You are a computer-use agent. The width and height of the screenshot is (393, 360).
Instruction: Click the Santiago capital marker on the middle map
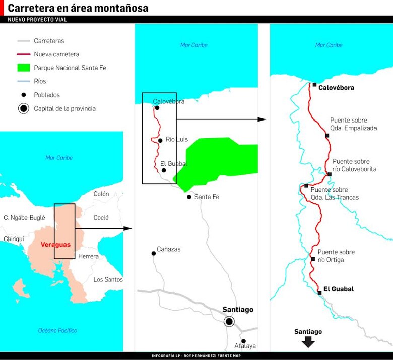(229, 321)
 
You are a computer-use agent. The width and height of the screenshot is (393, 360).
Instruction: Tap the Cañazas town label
(168, 249)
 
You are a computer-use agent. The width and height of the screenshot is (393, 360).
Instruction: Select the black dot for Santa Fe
(189, 197)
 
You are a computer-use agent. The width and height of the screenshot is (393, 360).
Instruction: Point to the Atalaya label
(245, 346)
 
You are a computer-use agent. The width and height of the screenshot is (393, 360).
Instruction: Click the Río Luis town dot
(160, 140)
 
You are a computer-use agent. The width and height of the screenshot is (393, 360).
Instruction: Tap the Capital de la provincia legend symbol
(23, 108)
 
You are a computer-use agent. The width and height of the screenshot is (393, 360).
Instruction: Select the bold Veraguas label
(55, 244)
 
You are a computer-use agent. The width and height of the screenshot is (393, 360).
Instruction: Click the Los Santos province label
(108, 279)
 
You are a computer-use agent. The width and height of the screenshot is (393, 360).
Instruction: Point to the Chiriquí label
(14, 239)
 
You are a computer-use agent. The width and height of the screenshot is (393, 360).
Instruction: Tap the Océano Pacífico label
(57, 331)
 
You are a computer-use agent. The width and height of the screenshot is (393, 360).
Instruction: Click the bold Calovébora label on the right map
(336, 88)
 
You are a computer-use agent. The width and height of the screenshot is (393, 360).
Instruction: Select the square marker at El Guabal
(319, 292)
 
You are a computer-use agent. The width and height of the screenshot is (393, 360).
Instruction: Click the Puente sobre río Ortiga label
(336, 256)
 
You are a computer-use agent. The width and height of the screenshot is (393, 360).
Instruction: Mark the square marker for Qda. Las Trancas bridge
(306, 186)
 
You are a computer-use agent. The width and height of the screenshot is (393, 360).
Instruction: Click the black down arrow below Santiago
(308, 342)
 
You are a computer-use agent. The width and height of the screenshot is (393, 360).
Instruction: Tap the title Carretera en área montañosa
(78, 9)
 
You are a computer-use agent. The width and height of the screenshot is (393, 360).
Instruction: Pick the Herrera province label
(89, 257)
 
